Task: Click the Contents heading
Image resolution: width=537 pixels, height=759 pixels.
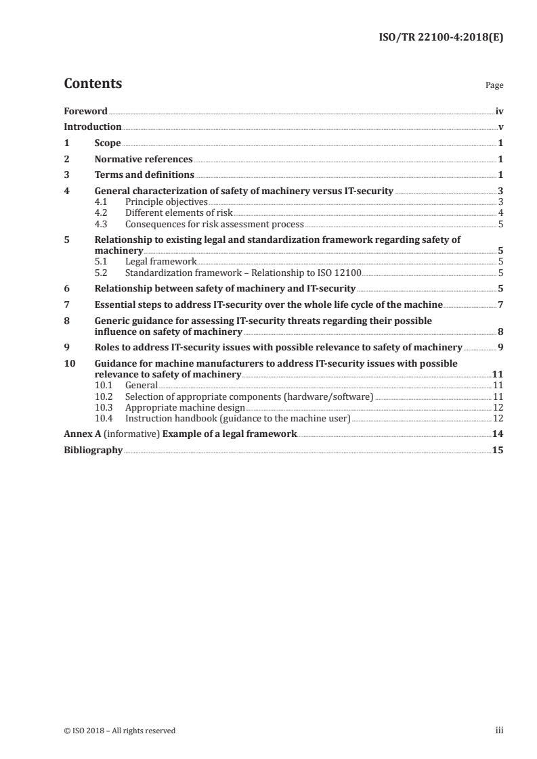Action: click(x=93, y=84)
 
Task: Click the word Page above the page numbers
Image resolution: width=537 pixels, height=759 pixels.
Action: click(x=494, y=86)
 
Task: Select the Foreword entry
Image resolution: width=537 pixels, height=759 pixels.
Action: click(x=85, y=111)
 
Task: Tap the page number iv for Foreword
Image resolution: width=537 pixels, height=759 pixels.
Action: click(x=499, y=111)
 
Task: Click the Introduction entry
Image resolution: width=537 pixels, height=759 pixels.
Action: click(x=93, y=127)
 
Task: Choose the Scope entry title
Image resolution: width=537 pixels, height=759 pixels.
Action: click(x=108, y=143)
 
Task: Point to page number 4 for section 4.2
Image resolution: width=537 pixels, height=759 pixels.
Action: click(x=500, y=212)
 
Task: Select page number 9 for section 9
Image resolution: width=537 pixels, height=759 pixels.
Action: click(x=500, y=347)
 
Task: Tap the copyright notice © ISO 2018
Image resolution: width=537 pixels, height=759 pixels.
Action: click(x=120, y=731)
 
